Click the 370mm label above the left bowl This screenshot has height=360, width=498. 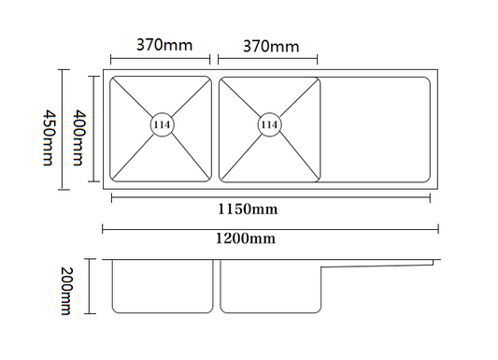point(164,45)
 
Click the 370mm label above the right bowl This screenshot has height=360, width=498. point(271,47)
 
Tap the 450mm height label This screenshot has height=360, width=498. point(50,137)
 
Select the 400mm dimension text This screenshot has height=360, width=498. point(78,137)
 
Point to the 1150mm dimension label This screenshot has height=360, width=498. point(248,209)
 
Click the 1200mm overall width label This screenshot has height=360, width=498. point(246,238)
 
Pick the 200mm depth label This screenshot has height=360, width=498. point(66,291)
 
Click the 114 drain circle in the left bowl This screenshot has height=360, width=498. point(163,124)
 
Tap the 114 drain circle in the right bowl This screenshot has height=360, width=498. point(270,124)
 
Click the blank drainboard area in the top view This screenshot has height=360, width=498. point(376,130)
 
